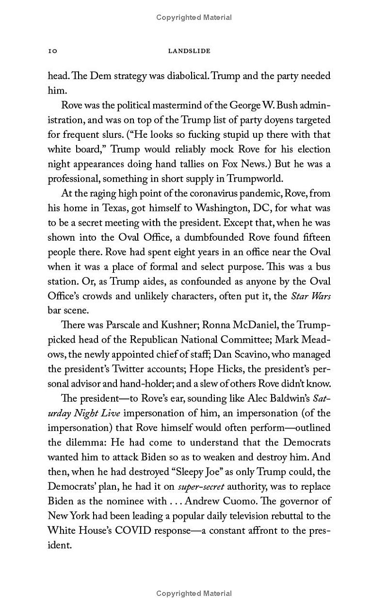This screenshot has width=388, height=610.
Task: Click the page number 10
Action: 53,51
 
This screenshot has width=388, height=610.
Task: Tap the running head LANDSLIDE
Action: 189,51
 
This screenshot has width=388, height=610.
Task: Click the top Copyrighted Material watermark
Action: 194,17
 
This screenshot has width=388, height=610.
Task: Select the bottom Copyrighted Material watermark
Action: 194,593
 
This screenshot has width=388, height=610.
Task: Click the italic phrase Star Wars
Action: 310,296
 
